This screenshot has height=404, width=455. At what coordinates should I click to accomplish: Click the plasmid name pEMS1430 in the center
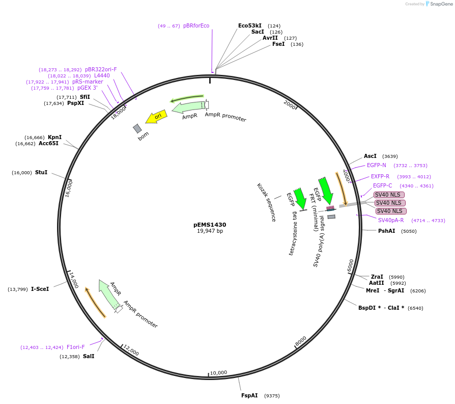click(x=210, y=224)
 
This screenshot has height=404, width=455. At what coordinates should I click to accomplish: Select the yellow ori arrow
click(x=156, y=117)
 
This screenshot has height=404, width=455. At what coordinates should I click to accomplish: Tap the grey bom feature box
click(x=137, y=128)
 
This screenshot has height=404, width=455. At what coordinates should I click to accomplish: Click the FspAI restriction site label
click(x=249, y=395)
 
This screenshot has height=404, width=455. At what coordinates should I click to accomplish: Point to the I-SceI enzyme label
click(x=40, y=289)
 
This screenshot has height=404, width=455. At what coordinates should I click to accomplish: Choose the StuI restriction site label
click(x=41, y=172)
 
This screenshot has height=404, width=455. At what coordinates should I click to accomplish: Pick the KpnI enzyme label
click(x=55, y=137)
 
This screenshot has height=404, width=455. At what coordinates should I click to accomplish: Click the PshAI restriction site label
click(x=386, y=231)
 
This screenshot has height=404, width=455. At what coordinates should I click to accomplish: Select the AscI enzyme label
click(x=370, y=156)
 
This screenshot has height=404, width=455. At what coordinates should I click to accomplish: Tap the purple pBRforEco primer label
click(x=196, y=25)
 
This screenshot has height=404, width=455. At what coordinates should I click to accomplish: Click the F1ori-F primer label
click(x=76, y=347)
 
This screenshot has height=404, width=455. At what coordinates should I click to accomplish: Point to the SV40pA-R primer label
click(x=391, y=220)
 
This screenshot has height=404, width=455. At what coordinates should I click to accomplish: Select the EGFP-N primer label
click(x=377, y=165)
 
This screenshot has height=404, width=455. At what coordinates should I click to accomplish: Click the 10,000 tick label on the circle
click(x=218, y=372)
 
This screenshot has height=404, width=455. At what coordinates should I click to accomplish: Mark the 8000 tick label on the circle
click(x=300, y=340)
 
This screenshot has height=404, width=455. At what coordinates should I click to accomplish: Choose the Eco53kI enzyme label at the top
click(x=250, y=25)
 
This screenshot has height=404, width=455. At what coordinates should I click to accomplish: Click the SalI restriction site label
click(x=89, y=356)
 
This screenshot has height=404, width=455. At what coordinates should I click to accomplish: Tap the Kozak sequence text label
click(x=266, y=202)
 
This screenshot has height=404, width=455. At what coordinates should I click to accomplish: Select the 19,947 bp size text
click(x=210, y=231)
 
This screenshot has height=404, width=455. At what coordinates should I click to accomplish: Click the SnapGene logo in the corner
click(x=439, y=4)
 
